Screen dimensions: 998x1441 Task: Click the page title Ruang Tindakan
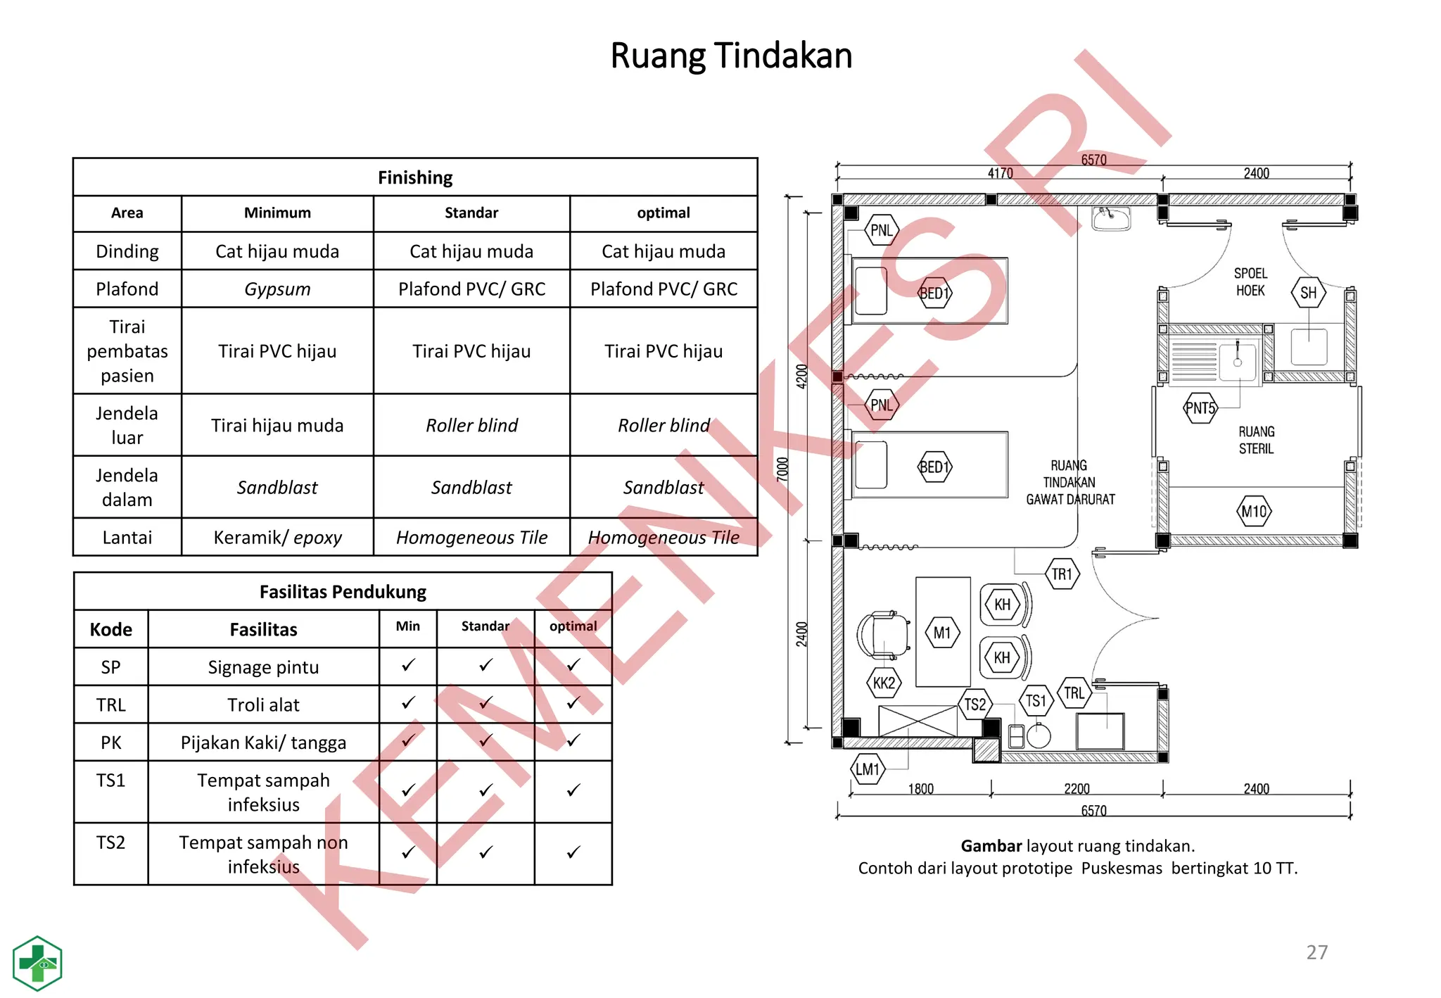click(730, 56)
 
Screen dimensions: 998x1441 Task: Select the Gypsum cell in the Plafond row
click(277, 289)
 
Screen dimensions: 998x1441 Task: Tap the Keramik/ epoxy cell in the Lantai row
click(277, 537)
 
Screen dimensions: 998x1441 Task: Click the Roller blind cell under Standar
click(471, 425)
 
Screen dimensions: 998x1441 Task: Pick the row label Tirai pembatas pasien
click(127, 350)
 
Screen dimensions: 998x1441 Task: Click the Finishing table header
click(415, 177)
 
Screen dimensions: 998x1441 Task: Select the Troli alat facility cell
click(263, 705)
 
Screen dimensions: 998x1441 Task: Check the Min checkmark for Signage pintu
click(408, 665)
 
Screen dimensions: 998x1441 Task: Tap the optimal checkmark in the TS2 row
click(573, 852)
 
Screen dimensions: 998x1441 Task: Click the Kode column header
click(110, 629)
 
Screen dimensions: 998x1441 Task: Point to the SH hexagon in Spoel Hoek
click(1308, 293)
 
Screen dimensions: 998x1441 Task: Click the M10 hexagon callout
click(1254, 512)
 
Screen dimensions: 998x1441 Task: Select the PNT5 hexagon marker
click(1200, 408)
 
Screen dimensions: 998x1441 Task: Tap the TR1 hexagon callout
click(1062, 574)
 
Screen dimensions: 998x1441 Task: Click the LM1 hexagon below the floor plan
click(868, 769)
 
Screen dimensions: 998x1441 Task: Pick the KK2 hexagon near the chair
click(884, 683)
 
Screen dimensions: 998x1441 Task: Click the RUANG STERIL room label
click(1256, 440)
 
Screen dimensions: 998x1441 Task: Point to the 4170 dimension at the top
click(1000, 173)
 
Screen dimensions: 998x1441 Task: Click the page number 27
click(1316, 952)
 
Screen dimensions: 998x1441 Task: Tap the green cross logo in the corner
click(37, 963)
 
